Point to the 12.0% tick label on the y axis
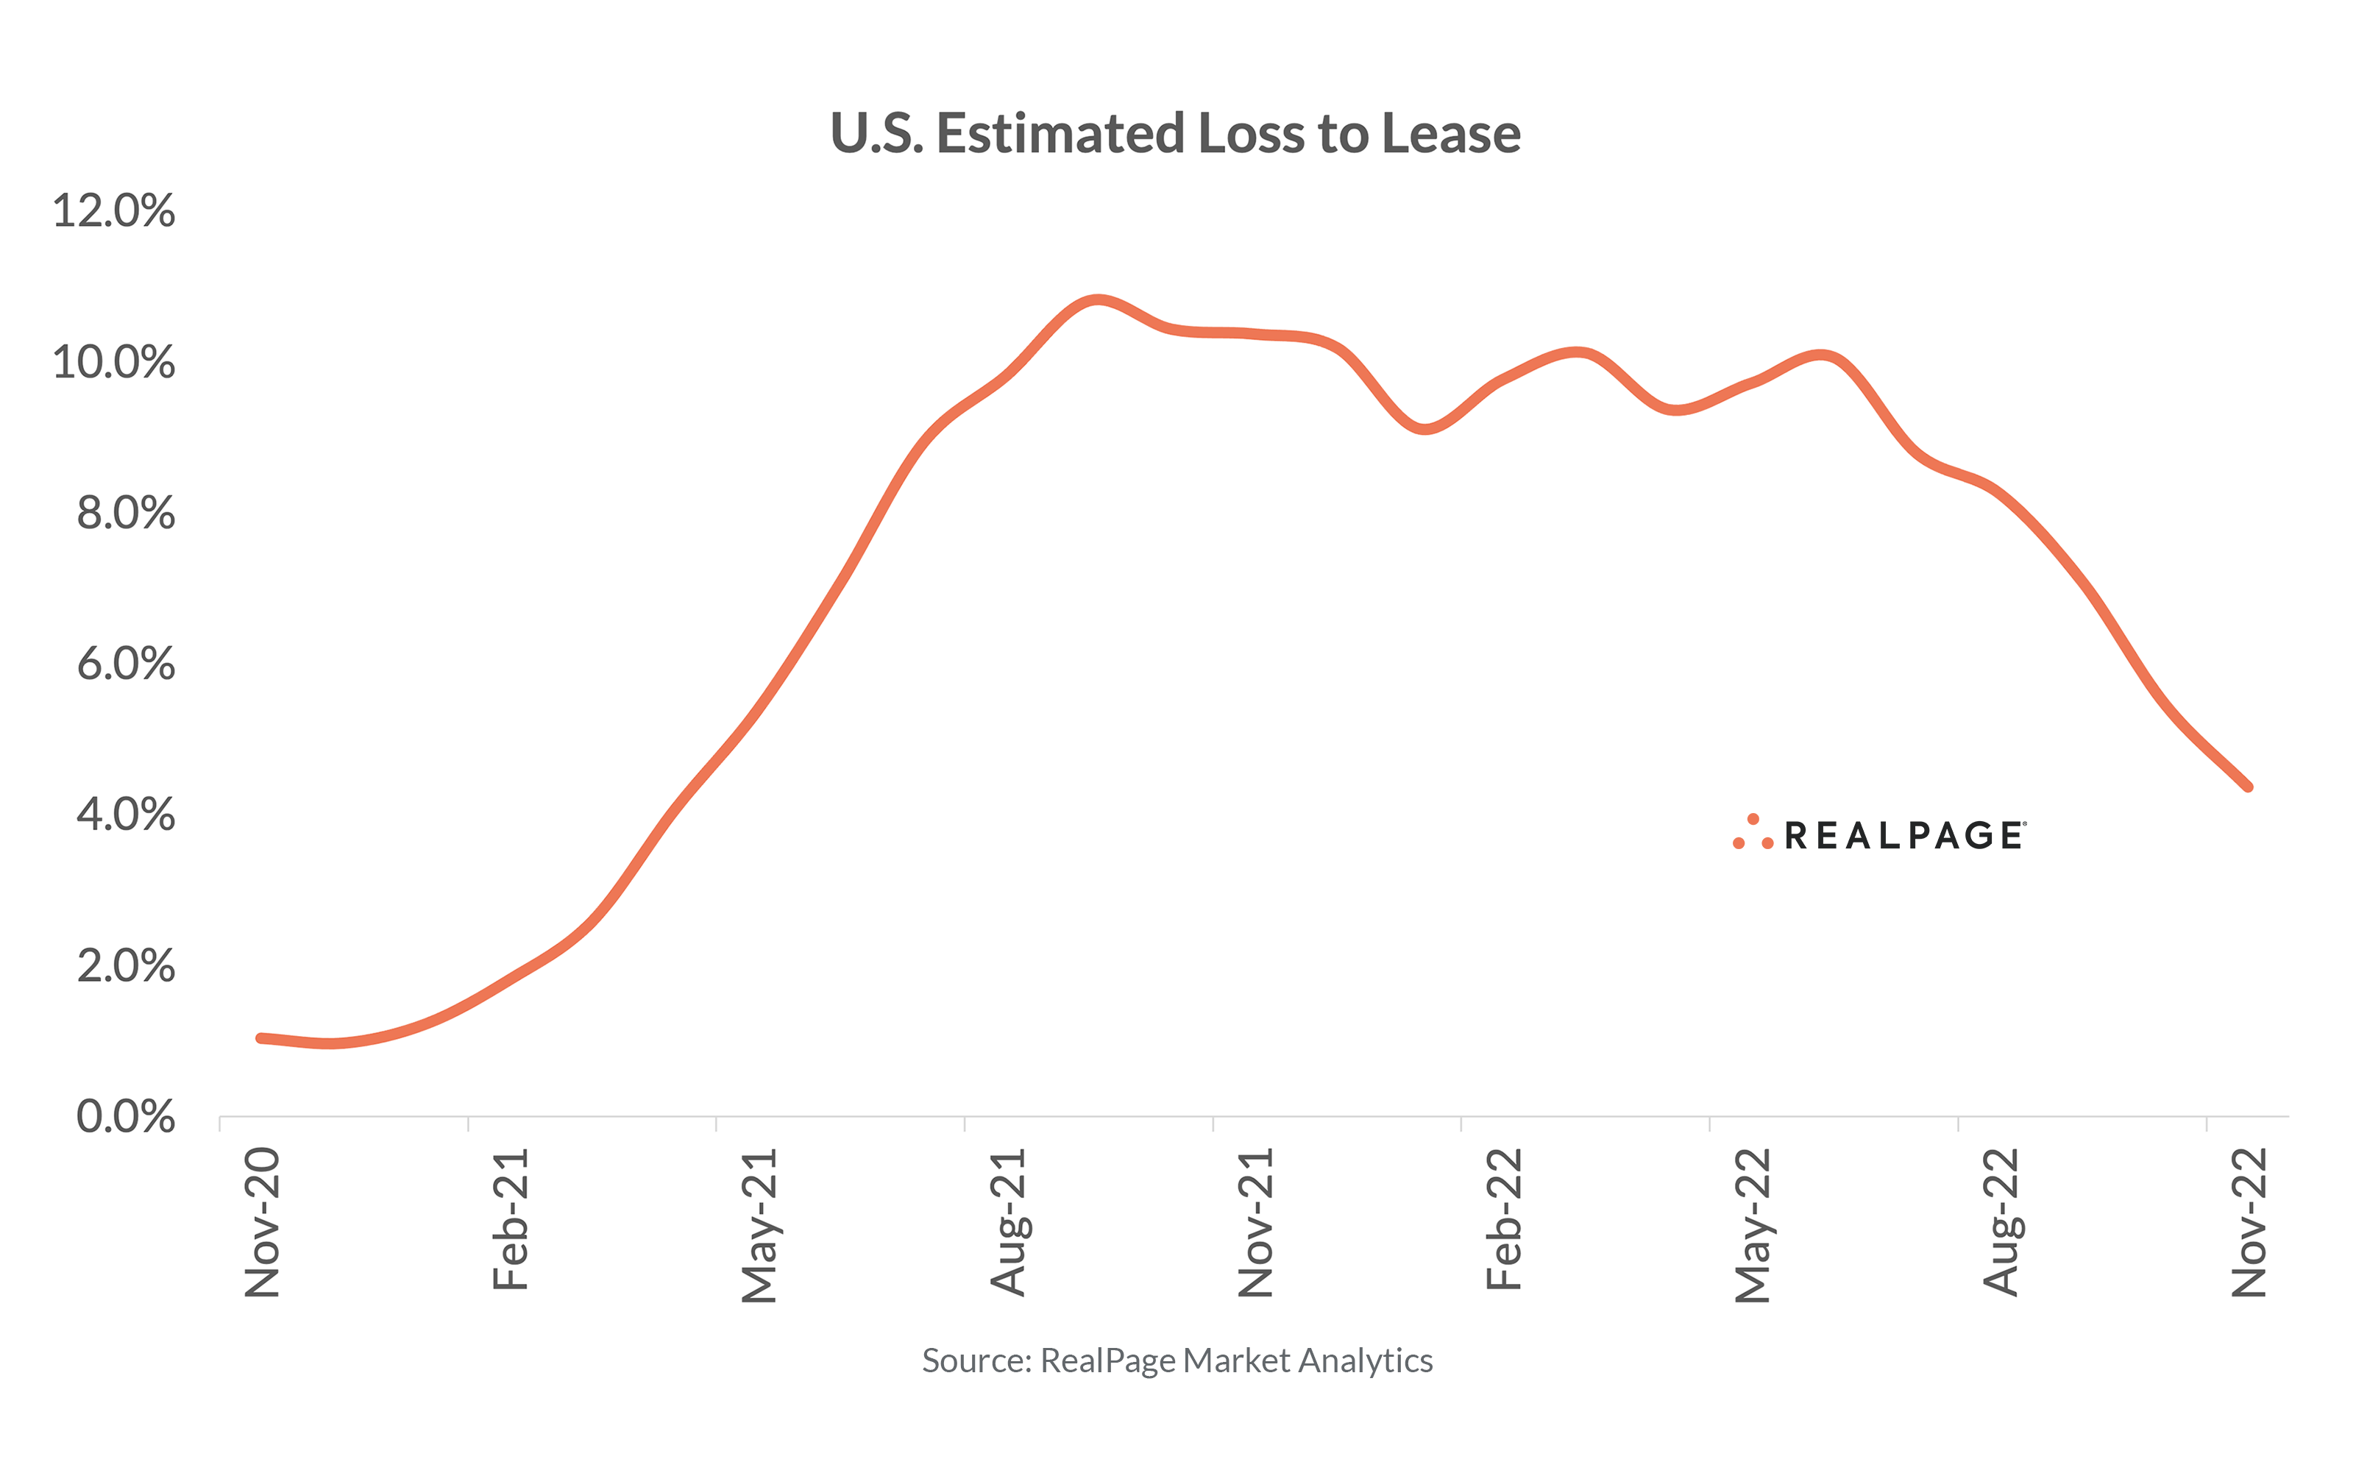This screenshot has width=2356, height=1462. (114, 210)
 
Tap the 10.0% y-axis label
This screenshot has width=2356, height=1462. (114, 363)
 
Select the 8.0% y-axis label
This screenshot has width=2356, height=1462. (126, 514)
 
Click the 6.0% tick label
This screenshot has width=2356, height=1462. (126, 664)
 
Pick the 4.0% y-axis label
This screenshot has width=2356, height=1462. (126, 815)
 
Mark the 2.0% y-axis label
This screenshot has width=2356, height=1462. (126, 966)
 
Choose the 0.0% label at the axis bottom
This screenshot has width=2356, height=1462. (126, 1117)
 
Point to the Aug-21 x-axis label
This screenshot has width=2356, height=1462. (1008, 1223)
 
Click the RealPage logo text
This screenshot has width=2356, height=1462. (1903, 835)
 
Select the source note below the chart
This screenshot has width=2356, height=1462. (1177, 1360)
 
